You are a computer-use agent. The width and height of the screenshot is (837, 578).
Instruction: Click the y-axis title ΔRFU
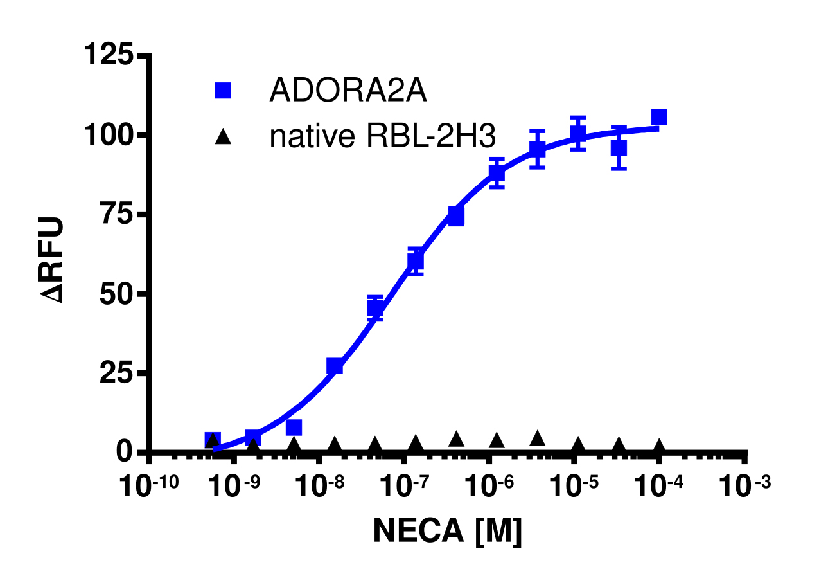(53, 260)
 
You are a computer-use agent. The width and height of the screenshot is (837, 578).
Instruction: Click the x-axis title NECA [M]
(448, 532)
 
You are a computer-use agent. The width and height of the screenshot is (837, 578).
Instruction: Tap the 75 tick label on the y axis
(118, 214)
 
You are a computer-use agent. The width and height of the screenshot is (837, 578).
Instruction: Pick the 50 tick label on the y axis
(118, 294)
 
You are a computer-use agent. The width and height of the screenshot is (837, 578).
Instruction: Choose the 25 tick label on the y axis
(118, 373)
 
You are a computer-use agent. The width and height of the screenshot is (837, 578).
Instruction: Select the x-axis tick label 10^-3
(745, 489)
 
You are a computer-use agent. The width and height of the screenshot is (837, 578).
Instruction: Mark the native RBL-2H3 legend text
(383, 136)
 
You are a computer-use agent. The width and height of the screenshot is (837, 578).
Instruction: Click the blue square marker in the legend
(224, 91)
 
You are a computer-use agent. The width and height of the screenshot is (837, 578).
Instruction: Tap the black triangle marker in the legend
(224, 136)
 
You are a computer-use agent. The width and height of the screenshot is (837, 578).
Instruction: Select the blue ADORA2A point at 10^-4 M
(659, 117)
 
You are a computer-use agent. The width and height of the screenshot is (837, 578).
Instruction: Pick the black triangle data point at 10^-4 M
(659, 446)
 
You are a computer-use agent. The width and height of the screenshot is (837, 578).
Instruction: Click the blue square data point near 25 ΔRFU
(335, 366)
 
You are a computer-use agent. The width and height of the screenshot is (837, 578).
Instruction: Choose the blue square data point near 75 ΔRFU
(456, 217)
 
